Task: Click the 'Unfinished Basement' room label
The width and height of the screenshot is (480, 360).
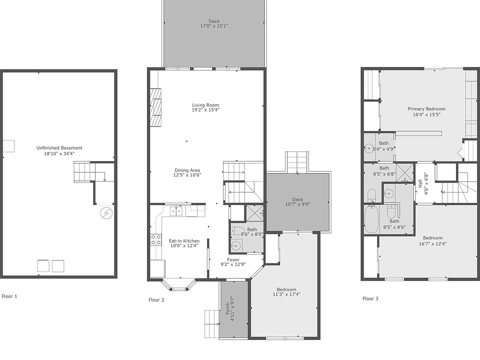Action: point(59,148)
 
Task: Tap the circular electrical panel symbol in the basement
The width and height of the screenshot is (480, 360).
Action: point(106,214)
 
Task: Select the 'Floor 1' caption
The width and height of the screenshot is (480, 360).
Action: point(9,296)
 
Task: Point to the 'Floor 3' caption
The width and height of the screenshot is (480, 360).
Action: point(370,299)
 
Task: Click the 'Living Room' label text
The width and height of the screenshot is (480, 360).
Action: point(206,105)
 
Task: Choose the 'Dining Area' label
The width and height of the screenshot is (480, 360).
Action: point(187,170)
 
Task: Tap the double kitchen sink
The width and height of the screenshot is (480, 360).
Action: point(175,211)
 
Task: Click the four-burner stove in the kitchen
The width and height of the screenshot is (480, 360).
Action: point(156,239)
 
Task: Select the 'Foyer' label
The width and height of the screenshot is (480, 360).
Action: point(233,260)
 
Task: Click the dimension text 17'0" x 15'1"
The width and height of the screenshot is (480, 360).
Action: point(214,26)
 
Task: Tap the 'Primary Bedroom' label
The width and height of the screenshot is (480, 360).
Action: point(426,109)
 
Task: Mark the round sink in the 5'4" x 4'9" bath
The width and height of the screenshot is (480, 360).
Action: point(368,148)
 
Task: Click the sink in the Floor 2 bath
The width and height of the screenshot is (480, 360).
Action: point(236,245)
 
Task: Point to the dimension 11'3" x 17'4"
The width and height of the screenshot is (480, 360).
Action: point(286,294)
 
